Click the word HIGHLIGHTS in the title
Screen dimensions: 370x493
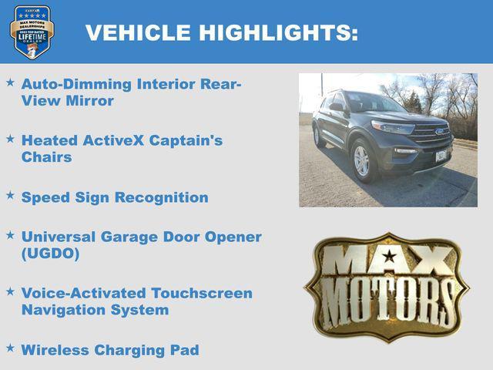[279, 32]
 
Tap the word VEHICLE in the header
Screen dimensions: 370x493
[139, 32]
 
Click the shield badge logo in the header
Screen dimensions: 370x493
[32, 32]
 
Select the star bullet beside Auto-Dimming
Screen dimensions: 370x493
[10, 81]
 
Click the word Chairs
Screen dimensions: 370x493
[47, 156]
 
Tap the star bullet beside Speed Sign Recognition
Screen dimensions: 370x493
[10, 196]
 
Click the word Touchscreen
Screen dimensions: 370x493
[202, 293]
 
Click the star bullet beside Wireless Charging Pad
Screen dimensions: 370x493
[10, 348]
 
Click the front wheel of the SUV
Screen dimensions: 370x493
[361, 160]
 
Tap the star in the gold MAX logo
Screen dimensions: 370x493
[390, 256]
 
